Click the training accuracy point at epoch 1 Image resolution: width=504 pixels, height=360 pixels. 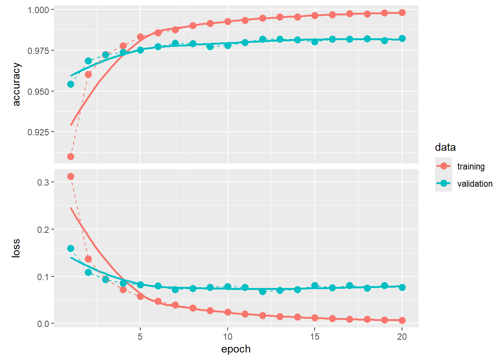pyautogui.click(x=70, y=156)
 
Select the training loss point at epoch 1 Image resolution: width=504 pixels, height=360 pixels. pyautogui.click(x=70, y=176)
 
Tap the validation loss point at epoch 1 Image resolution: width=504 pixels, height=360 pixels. pyautogui.click(x=70, y=248)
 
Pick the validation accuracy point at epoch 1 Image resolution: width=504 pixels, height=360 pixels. pyautogui.click(x=70, y=84)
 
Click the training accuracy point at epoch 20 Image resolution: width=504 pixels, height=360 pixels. pyautogui.click(x=402, y=12)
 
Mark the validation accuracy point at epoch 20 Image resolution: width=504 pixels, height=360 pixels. pyautogui.click(x=402, y=38)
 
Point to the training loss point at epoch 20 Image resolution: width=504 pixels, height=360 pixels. pyautogui.click(x=402, y=320)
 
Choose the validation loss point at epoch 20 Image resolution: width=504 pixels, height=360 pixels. pyautogui.click(x=402, y=287)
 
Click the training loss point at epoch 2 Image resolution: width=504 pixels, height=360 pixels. pyautogui.click(x=88, y=259)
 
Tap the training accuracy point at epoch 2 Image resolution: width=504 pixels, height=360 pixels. pyautogui.click(x=88, y=74)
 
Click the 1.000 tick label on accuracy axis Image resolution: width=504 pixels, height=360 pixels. pyautogui.click(x=38, y=10)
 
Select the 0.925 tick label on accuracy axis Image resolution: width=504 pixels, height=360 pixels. pyautogui.click(x=38, y=132)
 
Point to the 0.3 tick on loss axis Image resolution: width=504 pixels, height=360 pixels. pyautogui.click(x=43, y=182)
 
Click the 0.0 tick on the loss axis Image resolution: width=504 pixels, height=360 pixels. pyautogui.click(x=43, y=324)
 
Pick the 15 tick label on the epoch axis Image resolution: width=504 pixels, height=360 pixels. pyautogui.click(x=315, y=336)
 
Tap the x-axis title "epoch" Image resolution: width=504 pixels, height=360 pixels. pyautogui.click(x=236, y=349)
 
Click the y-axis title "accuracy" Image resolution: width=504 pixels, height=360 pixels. pyautogui.click(x=16, y=84)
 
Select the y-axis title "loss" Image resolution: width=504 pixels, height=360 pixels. pyautogui.click(x=16, y=248)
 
